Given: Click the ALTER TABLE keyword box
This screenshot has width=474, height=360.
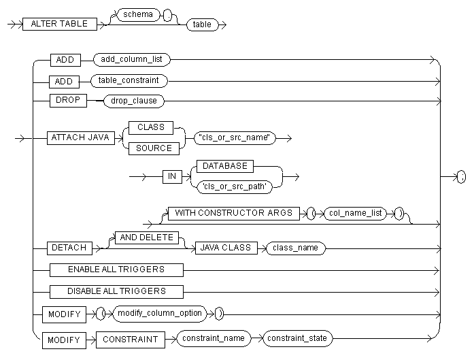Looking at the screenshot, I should tap(60, 24).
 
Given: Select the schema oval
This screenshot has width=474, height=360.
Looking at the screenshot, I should tap(138, 14).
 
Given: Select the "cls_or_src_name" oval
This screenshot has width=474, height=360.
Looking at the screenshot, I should tap(233, 138).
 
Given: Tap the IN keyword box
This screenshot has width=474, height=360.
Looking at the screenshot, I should tap(172, 176).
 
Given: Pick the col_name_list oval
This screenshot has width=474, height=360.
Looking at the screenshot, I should tap(354, 213).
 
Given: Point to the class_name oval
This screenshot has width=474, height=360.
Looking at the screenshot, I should tap(295, 248).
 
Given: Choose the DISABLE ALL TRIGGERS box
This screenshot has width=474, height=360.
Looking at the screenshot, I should tap(116, 291).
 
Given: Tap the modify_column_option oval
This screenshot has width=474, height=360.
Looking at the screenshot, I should tap(158, 314).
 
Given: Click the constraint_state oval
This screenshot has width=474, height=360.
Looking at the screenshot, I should tap(298, 338).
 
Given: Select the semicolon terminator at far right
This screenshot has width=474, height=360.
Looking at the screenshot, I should tap(462, 176).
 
